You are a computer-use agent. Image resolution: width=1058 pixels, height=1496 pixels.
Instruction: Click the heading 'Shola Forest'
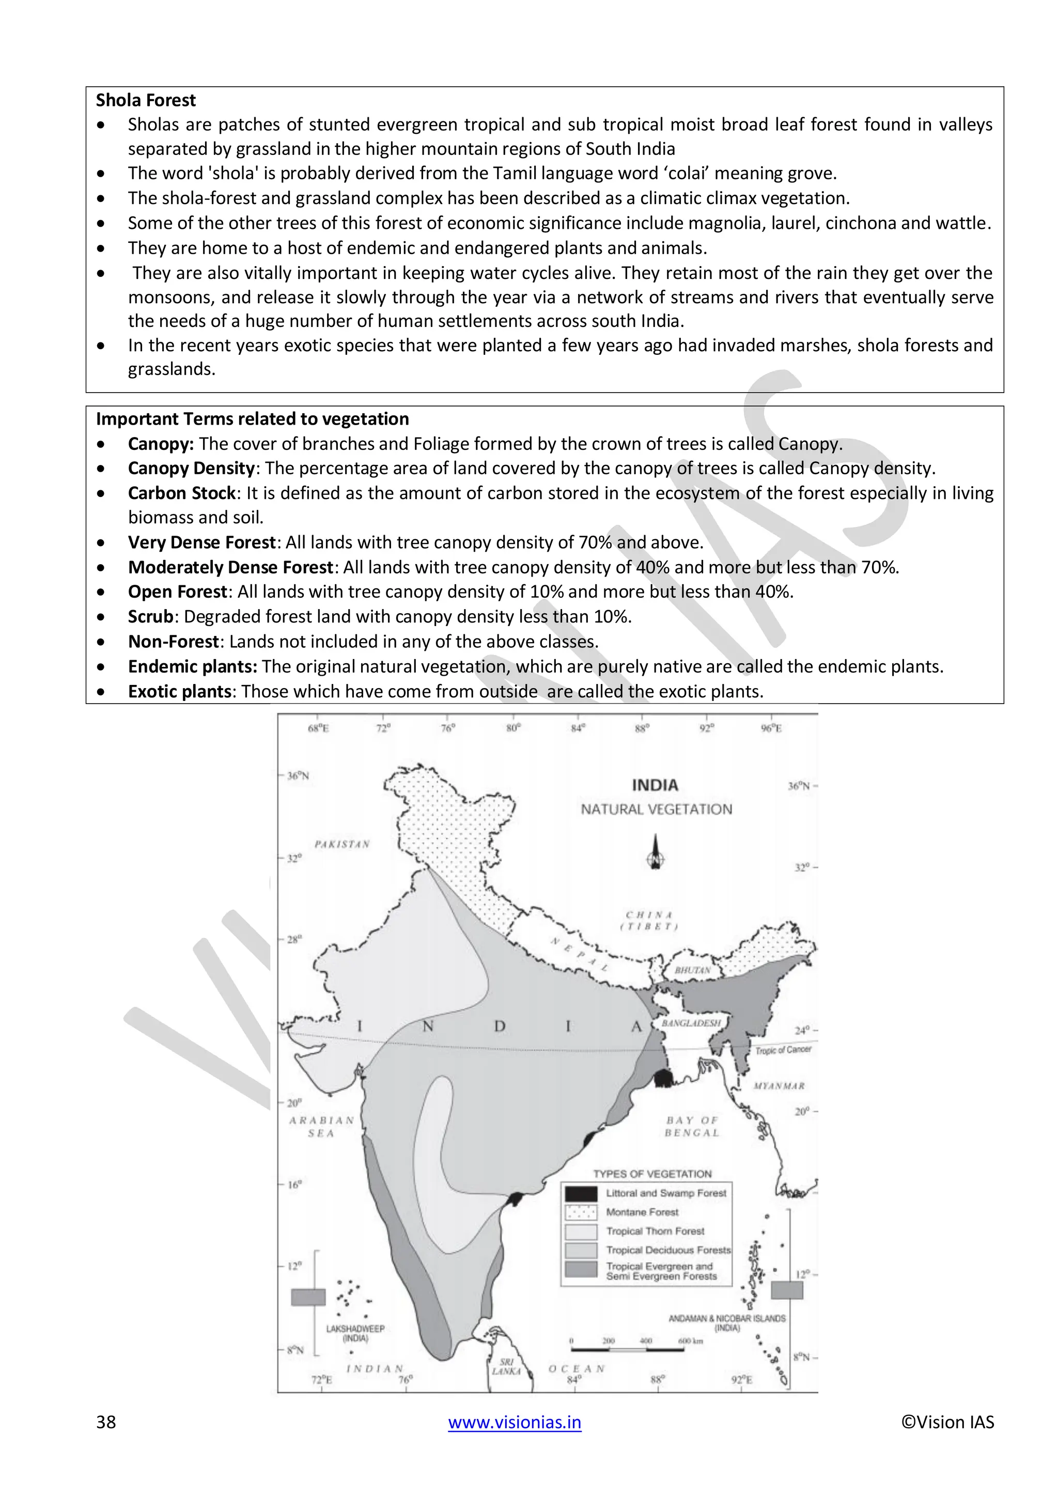[x=145, y=100]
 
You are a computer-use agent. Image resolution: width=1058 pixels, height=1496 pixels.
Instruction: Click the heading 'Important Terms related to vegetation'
[x=252, y=419]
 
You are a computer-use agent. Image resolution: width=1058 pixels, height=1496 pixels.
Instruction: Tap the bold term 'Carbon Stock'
[x=181, y=493]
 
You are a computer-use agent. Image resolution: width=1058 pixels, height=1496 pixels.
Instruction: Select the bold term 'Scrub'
[x=150, y=616]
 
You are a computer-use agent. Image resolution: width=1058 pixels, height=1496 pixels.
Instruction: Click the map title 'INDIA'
[x=655, y=786]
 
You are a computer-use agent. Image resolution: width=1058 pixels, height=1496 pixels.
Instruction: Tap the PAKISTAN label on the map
[x=342, y=845]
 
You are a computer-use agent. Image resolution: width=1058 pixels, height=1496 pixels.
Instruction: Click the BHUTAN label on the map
[x=693, y=970]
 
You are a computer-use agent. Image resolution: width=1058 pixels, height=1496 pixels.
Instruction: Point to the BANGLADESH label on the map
[x=691, y=1023]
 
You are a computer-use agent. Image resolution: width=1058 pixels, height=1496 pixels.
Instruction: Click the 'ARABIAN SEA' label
[x=321, y=1127]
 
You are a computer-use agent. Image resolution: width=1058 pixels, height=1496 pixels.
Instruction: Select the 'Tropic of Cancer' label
[x=783, y=1050]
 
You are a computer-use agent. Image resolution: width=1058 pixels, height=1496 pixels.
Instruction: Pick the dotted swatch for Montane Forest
[x=581, y=1212]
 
